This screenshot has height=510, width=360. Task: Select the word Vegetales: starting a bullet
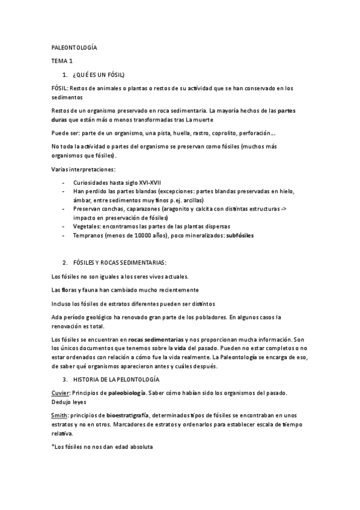87,226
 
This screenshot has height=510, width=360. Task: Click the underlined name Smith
59,416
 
